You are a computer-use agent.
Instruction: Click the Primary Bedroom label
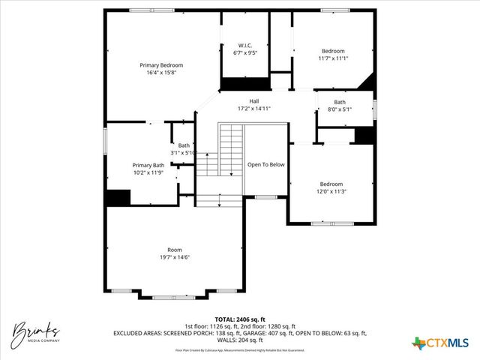(161, 65)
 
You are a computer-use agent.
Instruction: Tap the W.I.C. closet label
(244, 46)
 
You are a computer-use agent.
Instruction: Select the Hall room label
(254, 101)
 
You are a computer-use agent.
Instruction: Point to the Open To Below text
(266, 165)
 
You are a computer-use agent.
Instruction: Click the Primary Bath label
(148, 165)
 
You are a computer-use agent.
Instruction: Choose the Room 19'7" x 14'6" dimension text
(174, 257)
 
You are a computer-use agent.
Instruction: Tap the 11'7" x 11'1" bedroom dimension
(333, 58)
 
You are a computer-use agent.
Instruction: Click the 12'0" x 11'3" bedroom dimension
(331, 190)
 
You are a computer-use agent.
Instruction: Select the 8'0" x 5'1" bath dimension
(340, 109)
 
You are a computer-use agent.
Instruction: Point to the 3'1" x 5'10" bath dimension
(184, 152)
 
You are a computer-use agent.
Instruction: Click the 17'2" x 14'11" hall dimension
(253, 109)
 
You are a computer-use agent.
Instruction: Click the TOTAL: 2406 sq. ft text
(239, 319)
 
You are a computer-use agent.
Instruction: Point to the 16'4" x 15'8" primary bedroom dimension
(161, 73)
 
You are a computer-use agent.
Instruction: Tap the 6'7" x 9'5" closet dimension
(244, 53)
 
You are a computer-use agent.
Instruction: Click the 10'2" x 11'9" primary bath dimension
(148, 172)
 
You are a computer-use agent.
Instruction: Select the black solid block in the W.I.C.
(244, 83)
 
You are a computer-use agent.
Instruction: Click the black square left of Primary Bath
(118, 197)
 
